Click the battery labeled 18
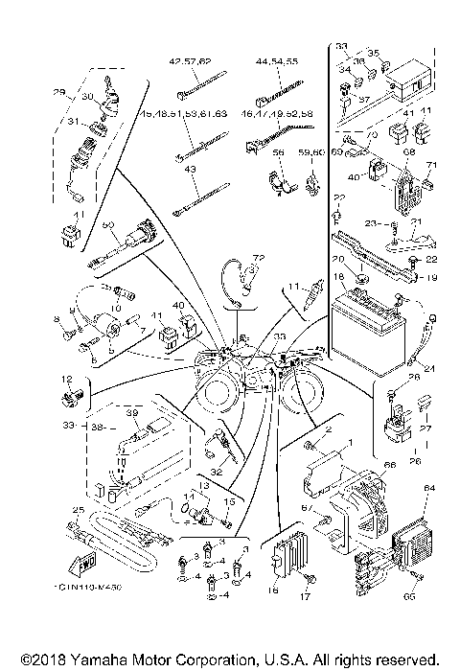370,321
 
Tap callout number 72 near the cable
257,259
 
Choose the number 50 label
108,224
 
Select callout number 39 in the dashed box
133,412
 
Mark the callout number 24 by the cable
429,368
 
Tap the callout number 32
217,471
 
